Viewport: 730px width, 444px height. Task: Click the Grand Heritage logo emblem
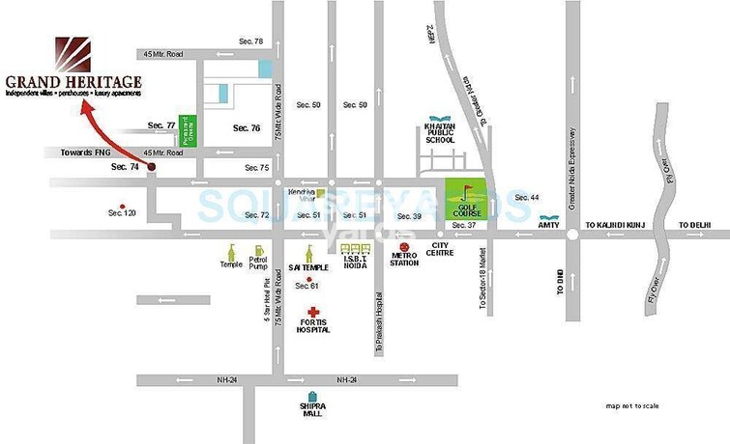pos(72,52)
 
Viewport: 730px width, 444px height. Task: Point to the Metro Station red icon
pos(403,248)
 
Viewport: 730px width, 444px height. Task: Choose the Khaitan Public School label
pos(440,133)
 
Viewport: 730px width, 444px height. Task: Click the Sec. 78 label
pos(250,41)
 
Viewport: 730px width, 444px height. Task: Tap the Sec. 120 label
pos(122,212)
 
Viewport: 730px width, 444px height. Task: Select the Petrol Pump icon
pos(258,249)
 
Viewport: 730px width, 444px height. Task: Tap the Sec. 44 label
pos(527,197)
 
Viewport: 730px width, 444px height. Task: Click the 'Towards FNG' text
pos(86,153)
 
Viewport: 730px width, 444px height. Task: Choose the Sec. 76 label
pos(247,127)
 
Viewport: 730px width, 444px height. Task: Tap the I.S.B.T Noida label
pos(356,264)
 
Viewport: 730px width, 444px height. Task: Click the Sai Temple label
pos(308,264)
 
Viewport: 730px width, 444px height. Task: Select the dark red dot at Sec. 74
pos(151,164)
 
